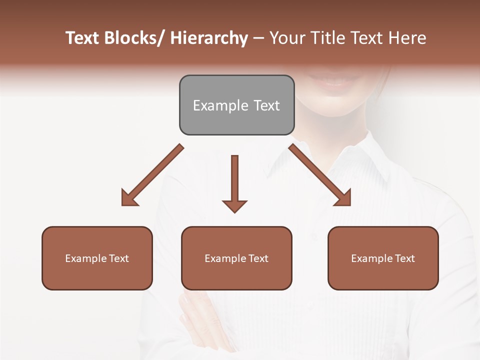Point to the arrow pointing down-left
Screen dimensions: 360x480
[x=152, y=175]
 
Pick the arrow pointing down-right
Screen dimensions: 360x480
[x=320, y=175]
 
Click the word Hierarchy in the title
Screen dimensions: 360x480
[x=209, y=38]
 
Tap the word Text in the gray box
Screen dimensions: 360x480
[x=266, y=106]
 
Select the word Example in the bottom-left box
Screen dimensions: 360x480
[x=86, y=258]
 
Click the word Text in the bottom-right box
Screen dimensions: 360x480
[x=404, y=258]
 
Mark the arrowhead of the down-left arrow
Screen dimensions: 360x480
[x=129, y=198]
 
